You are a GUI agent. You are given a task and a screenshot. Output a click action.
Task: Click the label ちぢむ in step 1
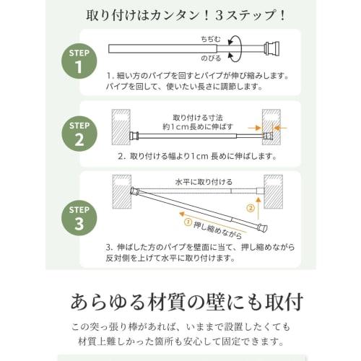[210, 35]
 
